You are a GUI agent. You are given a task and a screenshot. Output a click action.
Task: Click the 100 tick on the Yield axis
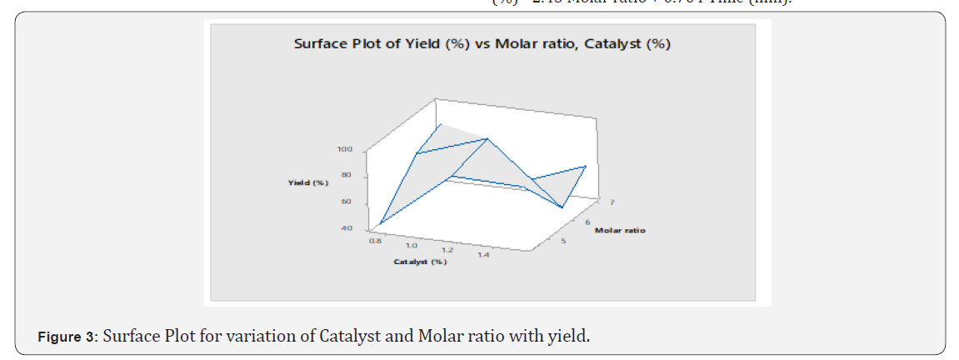tap(344, 149)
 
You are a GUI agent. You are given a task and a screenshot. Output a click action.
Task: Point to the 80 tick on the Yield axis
tap(346, 175)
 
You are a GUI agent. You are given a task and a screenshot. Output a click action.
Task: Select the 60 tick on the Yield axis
tap(346, 202)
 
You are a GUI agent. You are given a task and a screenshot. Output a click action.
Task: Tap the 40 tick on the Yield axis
tap(346, 227)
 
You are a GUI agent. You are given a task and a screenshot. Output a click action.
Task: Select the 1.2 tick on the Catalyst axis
tap(447, 250)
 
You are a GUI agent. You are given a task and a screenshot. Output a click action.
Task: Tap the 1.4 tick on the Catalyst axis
tap(483, 255)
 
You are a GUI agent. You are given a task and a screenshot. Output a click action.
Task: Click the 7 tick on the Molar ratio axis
tap(612, 202)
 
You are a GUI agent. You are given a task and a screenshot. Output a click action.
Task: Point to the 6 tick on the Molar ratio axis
tap(587, 222)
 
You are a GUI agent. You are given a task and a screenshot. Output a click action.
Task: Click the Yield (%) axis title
tap(308, 182)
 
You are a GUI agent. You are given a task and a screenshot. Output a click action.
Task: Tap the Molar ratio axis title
tap(619, 230)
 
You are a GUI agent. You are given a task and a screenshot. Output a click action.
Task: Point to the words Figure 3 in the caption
tap(67, 337)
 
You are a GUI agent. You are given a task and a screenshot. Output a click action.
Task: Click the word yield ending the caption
tap(572, 337)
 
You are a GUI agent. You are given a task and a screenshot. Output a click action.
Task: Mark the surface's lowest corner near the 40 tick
tap(379, 225)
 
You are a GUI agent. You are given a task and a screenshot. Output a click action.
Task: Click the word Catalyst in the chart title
tap(613, 44)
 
